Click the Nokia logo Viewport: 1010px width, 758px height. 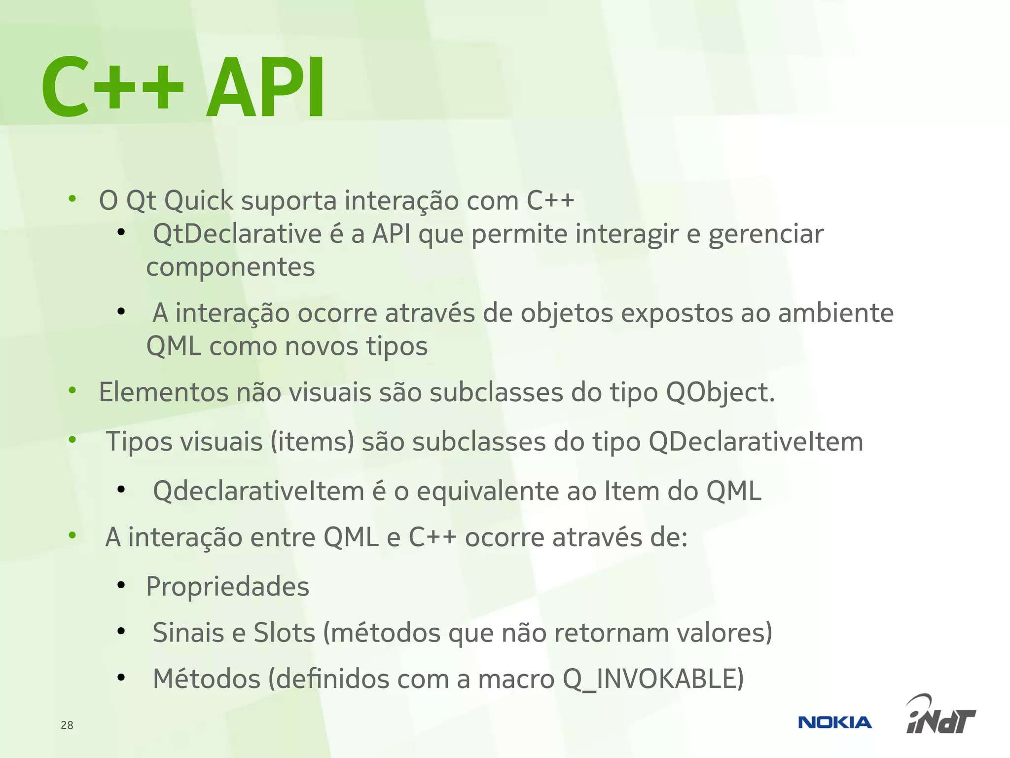click(x=834, y=722)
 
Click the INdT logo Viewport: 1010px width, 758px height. click(x=940, y=716)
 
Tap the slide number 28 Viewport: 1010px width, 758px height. click(x=67, y=725)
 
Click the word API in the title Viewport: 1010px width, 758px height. click(x=266, y=88)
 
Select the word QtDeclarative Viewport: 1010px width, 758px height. click(x=237, y=234)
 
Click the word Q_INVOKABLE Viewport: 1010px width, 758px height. click(x=653, y=679)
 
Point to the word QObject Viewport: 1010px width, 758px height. click(x=720, y=393)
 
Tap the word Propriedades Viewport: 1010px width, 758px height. click(x=228, y=587)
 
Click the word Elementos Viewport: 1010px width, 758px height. click(x=164, y=393)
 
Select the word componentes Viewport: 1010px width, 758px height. click(x=230, y=267)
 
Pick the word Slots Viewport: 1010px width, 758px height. click(x=284, y=633)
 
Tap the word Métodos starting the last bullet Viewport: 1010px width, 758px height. click(x=207, y=679)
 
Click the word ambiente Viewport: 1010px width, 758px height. click(x=835, y=313)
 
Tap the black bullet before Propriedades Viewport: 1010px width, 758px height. click(x=121, y=585)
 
